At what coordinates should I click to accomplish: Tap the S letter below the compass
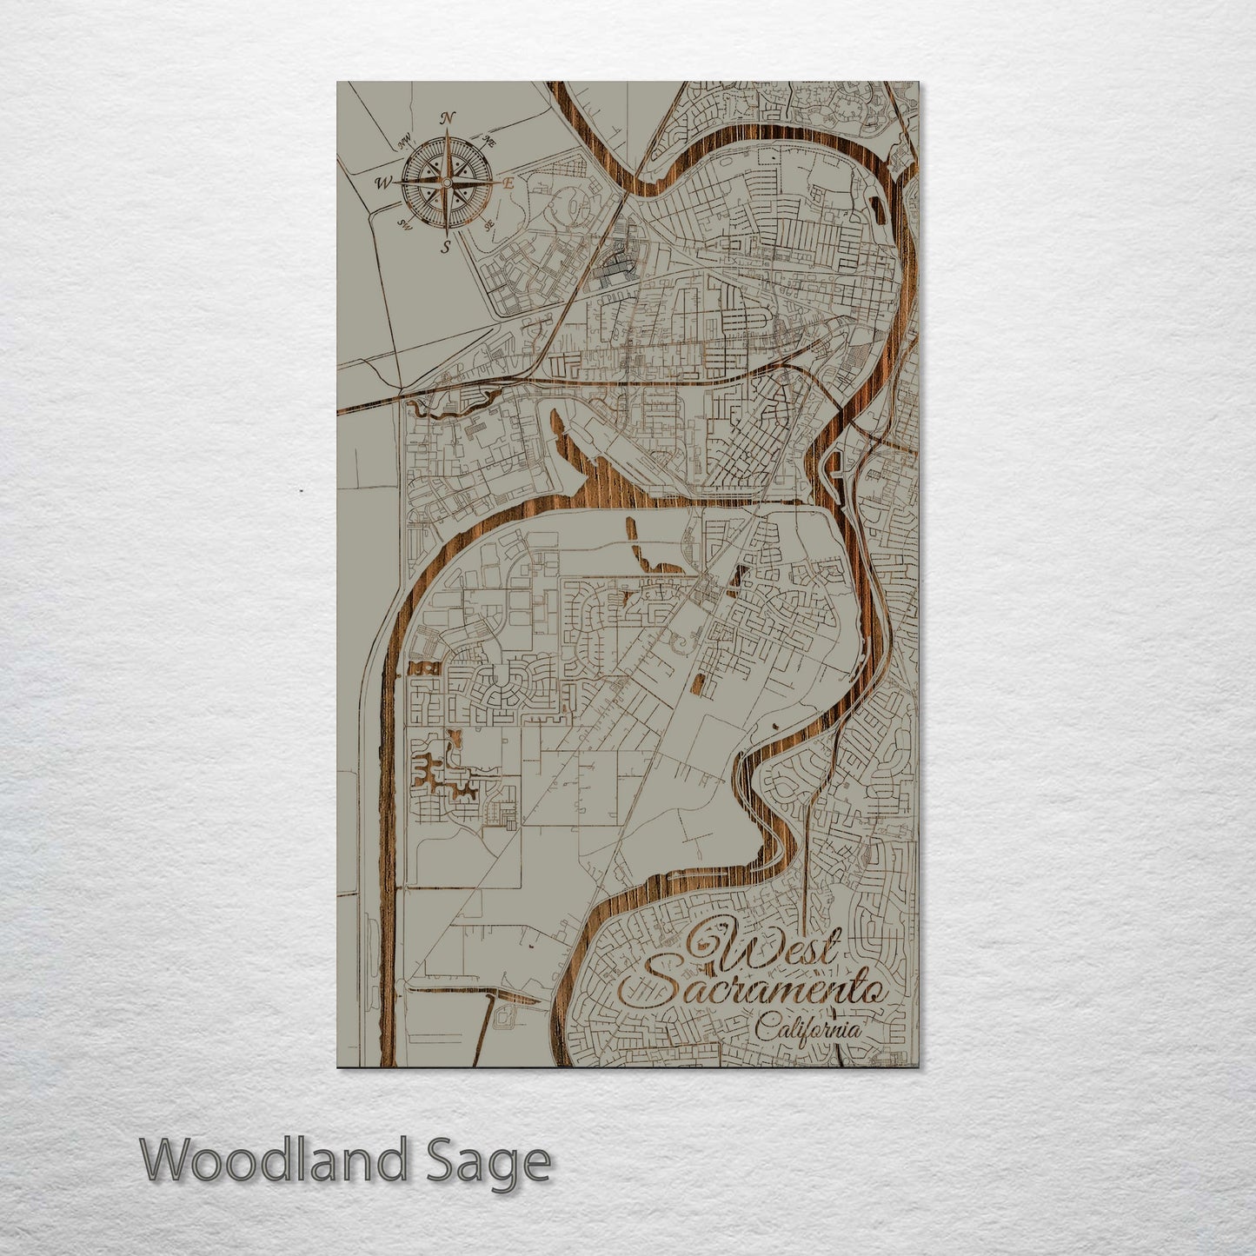[x=446, y=247]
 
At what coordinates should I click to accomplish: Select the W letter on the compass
[x=382, y=183]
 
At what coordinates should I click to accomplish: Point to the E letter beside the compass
[x=510, y=183]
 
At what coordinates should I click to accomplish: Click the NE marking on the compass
[x=488, y=142]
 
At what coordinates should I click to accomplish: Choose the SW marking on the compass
[x=404, y=223]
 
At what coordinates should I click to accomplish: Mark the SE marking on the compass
[x=488, y=224]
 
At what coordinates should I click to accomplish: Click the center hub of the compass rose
[x=446, y=183]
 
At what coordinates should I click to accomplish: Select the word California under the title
[x=808, y=1031]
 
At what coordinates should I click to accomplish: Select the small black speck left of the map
[x=301, y=491]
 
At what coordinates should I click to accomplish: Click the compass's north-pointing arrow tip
[x=446, y=131]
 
